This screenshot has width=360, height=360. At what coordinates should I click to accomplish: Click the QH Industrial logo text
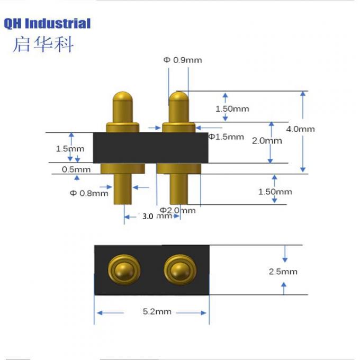(47, 23)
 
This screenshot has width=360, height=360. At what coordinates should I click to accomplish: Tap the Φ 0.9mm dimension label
(183, 60)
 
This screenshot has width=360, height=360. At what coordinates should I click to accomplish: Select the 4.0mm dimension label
(301, 129)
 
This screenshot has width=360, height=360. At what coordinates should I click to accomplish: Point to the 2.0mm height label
(267, 141)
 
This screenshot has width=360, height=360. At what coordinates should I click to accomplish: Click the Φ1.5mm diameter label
(227, 137)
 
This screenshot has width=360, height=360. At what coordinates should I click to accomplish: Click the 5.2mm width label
(157, 312)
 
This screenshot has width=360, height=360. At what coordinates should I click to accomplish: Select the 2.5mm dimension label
(284, 272)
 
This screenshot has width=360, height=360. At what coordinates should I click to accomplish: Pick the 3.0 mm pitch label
(157, 216)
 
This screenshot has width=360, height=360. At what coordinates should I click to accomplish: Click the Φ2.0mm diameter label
(177, 210)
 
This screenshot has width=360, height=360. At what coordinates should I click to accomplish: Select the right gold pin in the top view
(178, 269)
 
